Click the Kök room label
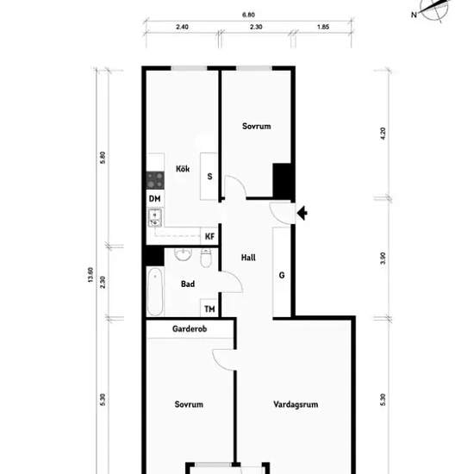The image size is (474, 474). pyautogui.click(x=183, y=169)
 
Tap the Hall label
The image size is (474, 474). pyautogui.click(x=248, y=258)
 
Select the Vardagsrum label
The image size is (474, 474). pyautogui.click(x=296, y=404)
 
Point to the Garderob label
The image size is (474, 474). pyautogui.click(x=190, y=329)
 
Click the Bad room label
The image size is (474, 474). pyautogui.click(x=188, y=284)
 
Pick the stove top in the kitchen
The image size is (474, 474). pyautogui.click(x=155, y=180)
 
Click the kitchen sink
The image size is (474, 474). pyautogui.click(x=155, y=218)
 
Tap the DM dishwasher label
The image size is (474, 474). pyautogui.click(x=155, y=198)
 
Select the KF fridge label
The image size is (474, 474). pyautogui.click(x=209, y=236)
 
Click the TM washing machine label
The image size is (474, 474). pyautogui.click(x=209, y=309)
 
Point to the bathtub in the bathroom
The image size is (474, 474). pyautogui.click(x=155, y=291)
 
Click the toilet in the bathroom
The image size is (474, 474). pyautogui.click(x=206, y=259)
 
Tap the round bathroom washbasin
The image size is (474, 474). pyautogui.click(x=184, y=254)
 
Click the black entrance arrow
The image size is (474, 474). pyautogui.click(x=302, y=213)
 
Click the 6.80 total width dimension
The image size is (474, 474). pyautogui.click(x=248, y=15)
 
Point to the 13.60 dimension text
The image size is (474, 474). pyautogui.click(x=90, y=275)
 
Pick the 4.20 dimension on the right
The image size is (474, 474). pyautogui.click(x=383, y=134)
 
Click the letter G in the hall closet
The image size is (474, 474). pyautogui.click(x=282, y=275)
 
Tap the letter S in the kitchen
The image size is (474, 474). pyautogui.click(x=209, y=176)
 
